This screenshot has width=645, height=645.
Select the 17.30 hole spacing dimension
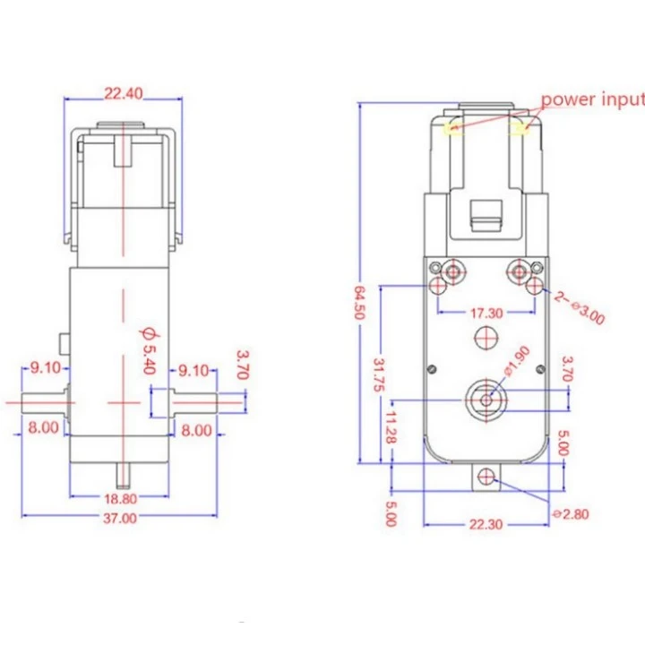click(486, 314)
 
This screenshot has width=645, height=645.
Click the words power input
click(591, 99)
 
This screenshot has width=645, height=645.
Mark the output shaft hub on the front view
click(486, 398)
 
